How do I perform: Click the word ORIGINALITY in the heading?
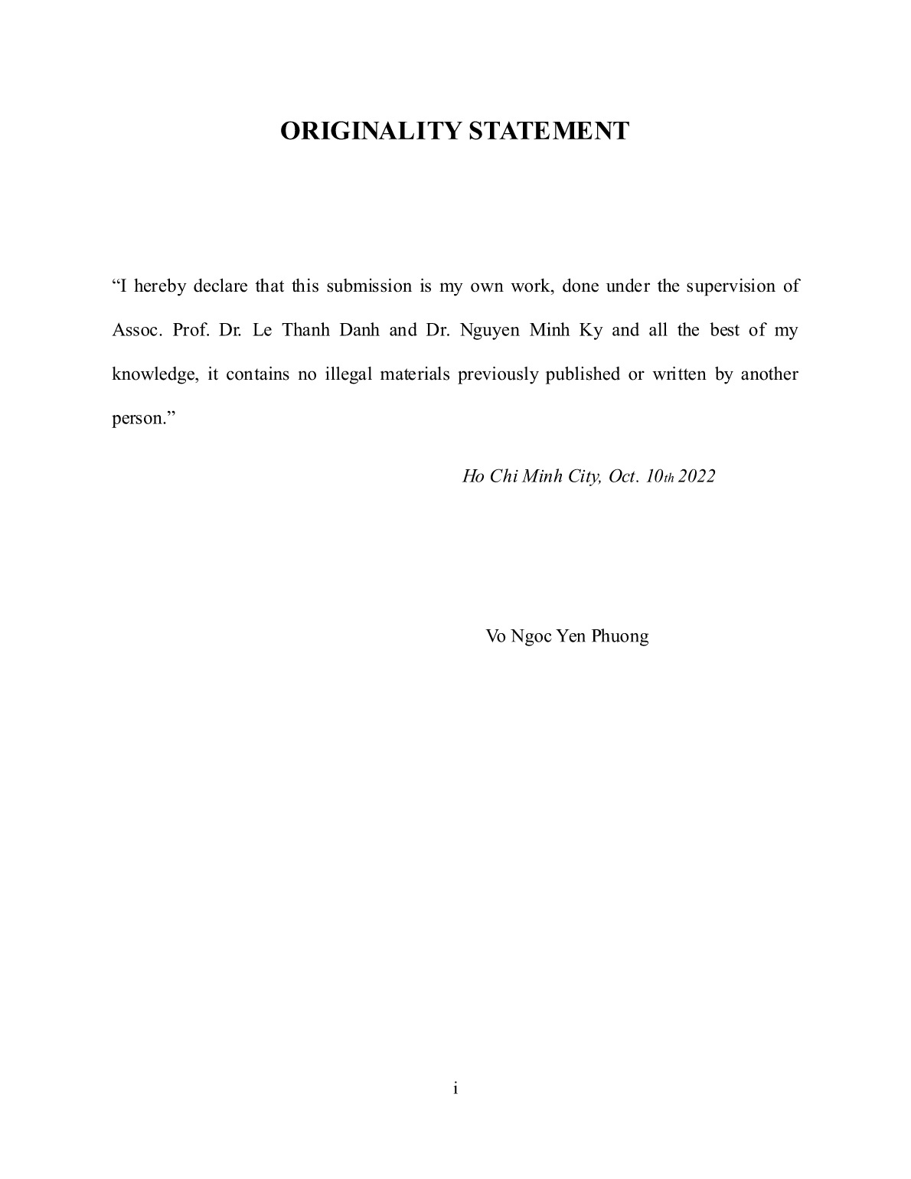click(x=371, y=131)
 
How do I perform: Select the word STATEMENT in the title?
click(x=548, y=131)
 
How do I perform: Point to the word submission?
click(x=369, y=286)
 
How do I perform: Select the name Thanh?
click(x=305, y=331)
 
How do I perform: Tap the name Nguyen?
click(x=490, y=331)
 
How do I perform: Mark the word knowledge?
click(x=154, y=375)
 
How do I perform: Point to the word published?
click(x=583, y=375)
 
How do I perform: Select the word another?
click(x=769, y=375)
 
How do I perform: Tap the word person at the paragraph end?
click(x=138, y=420)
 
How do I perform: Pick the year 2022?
click(x=697, y=476)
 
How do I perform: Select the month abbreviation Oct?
click(x=622, y=476)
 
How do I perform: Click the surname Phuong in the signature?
click(x=620, y=636)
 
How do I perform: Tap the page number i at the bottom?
click(x=455, y=1088)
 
